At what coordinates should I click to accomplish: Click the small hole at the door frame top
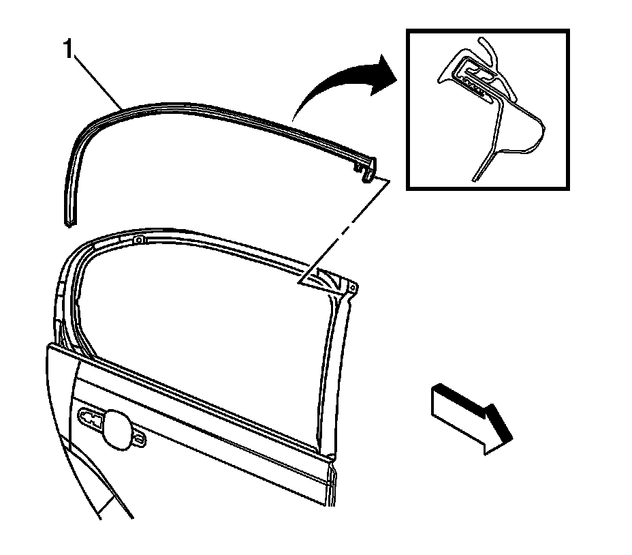tap(138, 239)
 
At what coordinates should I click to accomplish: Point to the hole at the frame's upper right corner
tap(352, 288)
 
